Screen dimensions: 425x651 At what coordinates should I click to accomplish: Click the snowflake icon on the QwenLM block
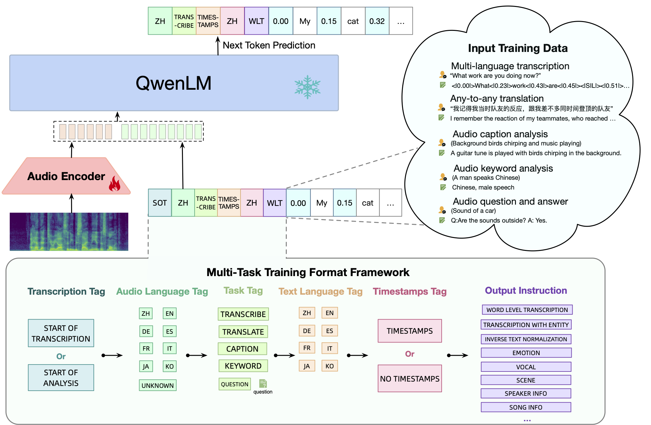pos(307,87)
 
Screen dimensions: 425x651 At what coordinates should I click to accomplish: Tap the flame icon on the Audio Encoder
pos(115,184)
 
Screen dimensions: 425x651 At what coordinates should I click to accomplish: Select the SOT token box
pos(160,203)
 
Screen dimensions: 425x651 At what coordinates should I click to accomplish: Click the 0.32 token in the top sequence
pos(377,21)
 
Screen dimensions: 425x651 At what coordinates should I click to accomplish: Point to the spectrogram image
pos(69,232)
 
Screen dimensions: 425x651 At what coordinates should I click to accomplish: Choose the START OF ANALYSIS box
pos(61,378)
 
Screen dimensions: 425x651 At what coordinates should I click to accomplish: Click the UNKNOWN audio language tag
pos(157,385)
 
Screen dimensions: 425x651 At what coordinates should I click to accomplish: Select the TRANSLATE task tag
pos(243,332)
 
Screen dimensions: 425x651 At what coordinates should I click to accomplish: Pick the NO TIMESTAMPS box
pos(410,378)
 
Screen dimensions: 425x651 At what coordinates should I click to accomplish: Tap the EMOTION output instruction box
pos(526,353)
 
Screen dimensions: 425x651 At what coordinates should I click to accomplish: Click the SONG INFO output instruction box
pos(526,407)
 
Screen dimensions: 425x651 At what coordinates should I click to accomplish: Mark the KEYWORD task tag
pos(243,366)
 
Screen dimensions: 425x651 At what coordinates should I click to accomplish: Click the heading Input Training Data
pos(518,48)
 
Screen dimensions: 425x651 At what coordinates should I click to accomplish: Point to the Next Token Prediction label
pos(269,45)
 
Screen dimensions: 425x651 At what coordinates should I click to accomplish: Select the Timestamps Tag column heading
pos(410,291)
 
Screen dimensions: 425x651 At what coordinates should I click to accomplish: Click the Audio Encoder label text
pos(66,176)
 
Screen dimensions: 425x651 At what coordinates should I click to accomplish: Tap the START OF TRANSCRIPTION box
pos(61,333)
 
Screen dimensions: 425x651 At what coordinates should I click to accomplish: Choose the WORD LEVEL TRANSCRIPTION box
pos(527,310)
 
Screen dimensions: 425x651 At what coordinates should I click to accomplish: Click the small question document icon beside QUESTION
pos(263,383)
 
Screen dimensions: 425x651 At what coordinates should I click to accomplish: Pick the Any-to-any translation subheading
pos(497,99)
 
